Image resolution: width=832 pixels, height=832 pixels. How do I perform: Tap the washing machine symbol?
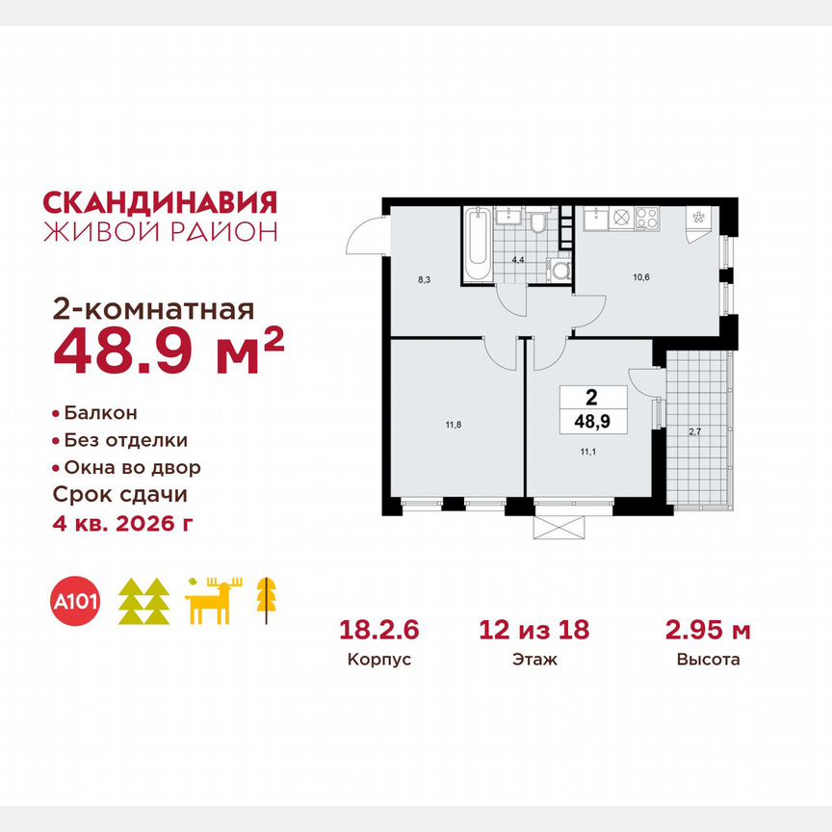tap(556, 271)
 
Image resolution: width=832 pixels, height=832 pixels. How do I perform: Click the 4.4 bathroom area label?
tap(516, 259)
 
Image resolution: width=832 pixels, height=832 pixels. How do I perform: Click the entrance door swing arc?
tap(363, 235)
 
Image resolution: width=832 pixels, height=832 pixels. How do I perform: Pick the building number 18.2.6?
tap(378, 631)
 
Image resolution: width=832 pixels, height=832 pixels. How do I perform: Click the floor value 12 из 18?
tap(534, 631)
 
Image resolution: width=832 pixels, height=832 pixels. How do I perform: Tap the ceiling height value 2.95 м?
tap(708, 631)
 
